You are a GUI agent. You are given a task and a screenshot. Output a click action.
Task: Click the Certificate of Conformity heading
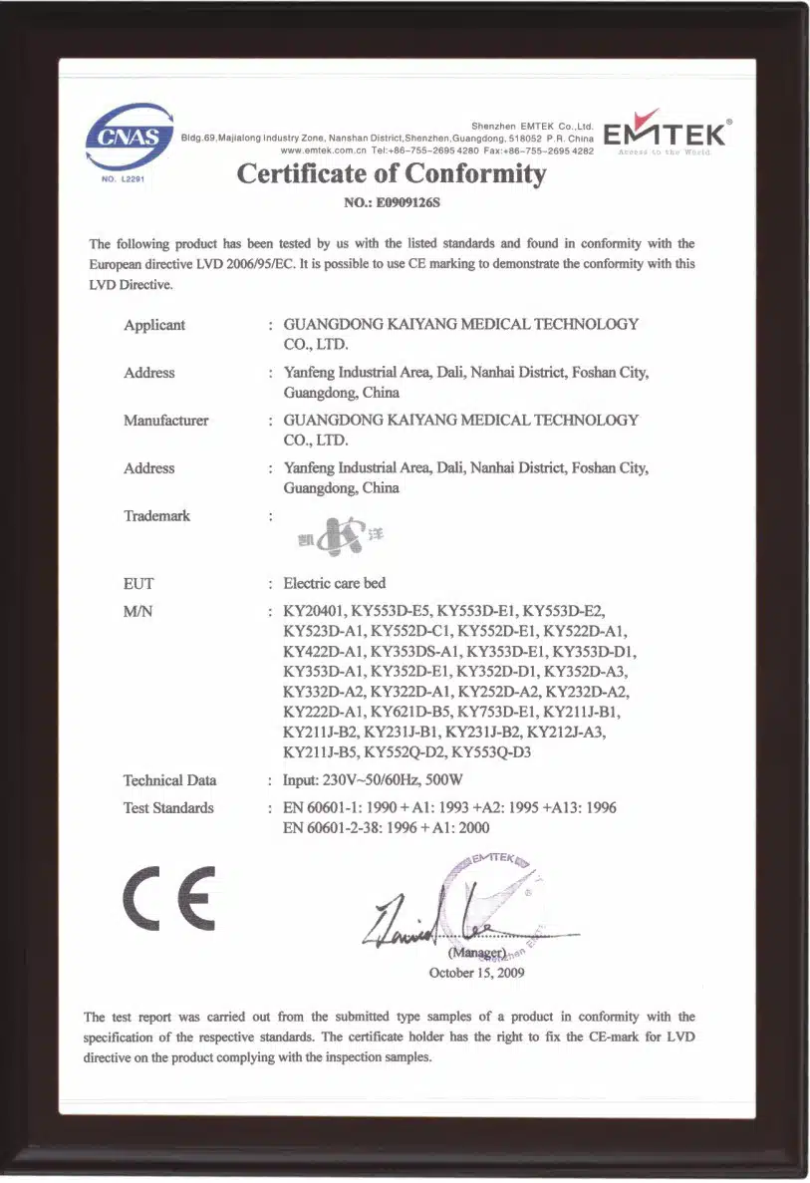(x=392, y=174)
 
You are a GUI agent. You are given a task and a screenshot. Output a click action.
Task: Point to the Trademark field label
(x=156, y=516)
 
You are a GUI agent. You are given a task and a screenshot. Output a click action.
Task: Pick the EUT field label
(x=138, y=584)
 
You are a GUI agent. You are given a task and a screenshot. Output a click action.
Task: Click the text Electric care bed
(x=335, y=583)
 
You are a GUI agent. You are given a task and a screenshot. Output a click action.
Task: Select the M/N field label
(x=137, y=611)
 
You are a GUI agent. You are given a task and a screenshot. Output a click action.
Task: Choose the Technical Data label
(x=169, y=780)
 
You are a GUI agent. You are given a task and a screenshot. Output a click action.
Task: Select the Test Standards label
(x=168, y=808)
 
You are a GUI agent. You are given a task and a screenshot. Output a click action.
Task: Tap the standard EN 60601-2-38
(x=340, y=827)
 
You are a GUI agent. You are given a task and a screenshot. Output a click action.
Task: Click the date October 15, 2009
(x=475, y=973)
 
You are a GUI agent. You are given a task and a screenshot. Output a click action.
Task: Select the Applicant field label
(x=154, y=325)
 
